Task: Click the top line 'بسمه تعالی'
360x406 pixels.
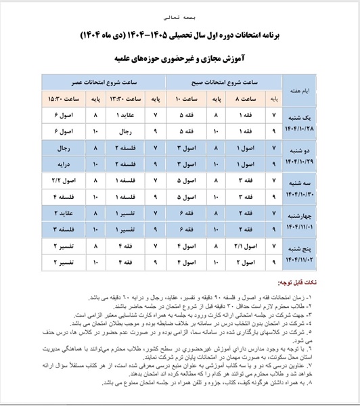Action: (x=179, y=13)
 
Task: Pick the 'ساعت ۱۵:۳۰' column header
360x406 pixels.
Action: (x=64, y=99)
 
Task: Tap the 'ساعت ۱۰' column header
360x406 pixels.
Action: (x=188, y=99)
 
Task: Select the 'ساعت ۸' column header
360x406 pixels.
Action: (x=244, y=99)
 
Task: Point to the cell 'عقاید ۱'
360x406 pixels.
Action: (x=132, y=116)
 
